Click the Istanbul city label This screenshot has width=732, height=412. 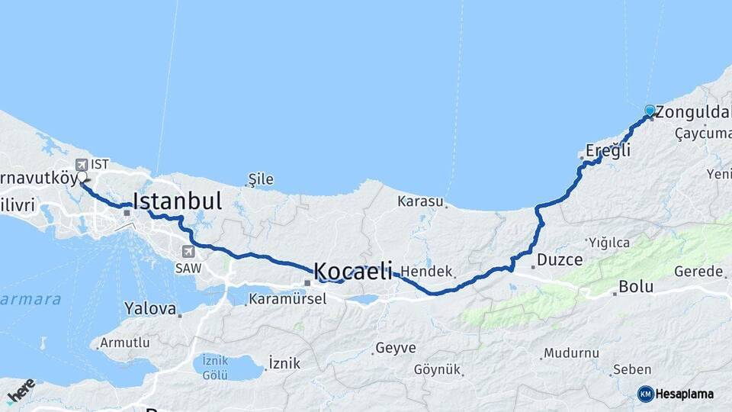coord(178,201)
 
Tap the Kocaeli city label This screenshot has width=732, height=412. coord(353,271)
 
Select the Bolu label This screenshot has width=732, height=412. coord(636,287)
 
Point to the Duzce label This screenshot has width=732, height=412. coord(560,260)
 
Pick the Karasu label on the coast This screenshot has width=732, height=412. coord(420,201)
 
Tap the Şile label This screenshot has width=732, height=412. coord(260,180)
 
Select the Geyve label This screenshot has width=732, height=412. coord(396,349)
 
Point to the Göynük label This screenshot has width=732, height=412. coord(438,370)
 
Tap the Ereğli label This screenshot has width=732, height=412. coord(608,150)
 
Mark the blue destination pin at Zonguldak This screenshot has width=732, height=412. coord(650,111)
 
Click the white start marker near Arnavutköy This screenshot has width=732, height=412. coord(82,177)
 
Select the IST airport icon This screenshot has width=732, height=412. coord(81,164)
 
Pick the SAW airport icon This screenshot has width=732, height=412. coord(188,252)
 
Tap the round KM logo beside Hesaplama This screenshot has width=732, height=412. coord(646,394)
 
